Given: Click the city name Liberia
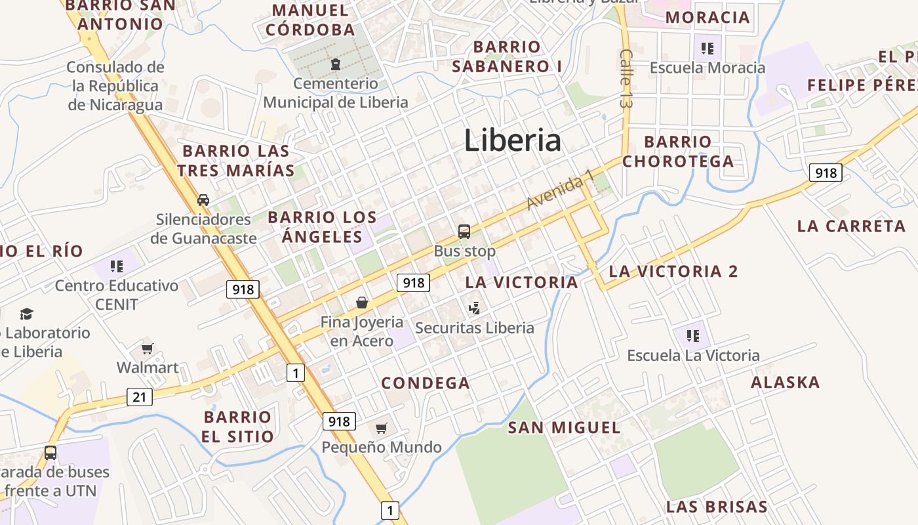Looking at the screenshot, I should (x=512, y=140).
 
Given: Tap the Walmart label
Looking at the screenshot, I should (x=148, y=367).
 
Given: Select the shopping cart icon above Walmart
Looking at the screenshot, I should (x=147, y=348).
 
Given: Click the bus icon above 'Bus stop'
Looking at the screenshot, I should (x=464, y=231).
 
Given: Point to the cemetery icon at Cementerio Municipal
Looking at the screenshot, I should (x=336, y=64).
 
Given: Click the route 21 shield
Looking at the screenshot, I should (x=139, y=396).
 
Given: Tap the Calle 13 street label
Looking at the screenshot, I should (x=626, y=79).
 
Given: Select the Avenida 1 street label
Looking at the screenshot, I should (x=559, y=190).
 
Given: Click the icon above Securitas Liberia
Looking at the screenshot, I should (x=475, y=307).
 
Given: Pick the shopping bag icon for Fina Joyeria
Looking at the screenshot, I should (x=361, y=303).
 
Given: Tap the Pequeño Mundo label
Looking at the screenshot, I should (x=381, y=448).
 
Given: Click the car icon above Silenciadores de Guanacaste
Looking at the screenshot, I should (x=203, y=200).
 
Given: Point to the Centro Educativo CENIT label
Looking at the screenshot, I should (x=116, y=295).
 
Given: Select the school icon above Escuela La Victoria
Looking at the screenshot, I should (x=692, y=336).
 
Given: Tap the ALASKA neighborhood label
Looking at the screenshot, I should (x=785, y=382).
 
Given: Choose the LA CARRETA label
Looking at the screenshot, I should (x=851, y=226).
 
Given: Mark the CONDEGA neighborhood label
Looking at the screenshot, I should (x=426, y=383).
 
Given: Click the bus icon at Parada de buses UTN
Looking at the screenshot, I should (x=50, y=452).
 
